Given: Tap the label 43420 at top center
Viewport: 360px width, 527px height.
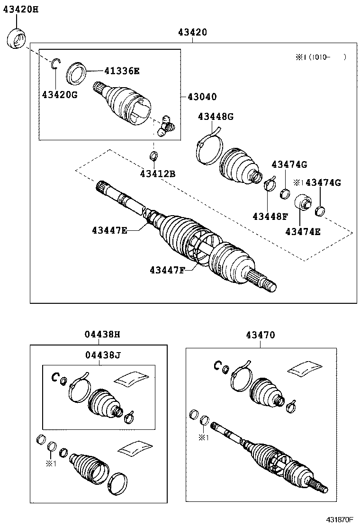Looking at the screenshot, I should click(x=192, y=32).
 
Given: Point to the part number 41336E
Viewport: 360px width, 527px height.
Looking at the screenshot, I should click(x=122, y=71).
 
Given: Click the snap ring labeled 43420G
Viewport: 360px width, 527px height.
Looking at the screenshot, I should click(x=55, y=64).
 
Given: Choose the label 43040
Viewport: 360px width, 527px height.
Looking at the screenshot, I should click(x=202, y=97).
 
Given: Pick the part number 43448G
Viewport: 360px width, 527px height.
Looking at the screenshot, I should click(x=216, y=117).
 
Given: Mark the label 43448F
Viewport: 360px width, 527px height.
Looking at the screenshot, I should click(x=270, y=217).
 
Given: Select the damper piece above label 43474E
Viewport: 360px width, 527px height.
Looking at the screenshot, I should click(x=301, y=203).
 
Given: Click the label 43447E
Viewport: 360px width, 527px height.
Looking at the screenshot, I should click(x=109, y=230).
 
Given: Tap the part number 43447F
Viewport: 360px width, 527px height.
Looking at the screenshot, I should click(x=167, y=270).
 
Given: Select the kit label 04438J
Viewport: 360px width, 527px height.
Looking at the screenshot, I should click(x=102, y=355).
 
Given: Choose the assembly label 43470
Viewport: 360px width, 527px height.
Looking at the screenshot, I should click(x=260, y=335).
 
